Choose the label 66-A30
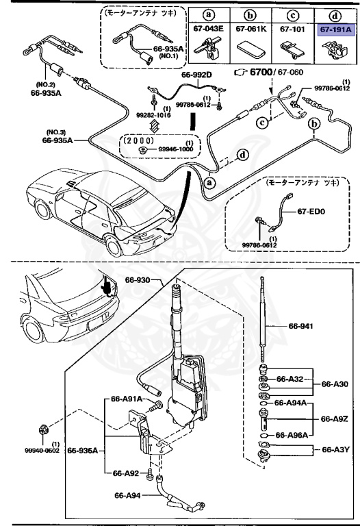[333, 384]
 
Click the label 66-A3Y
[333, 450]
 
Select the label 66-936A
[85, 450]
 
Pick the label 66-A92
[125, 473]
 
